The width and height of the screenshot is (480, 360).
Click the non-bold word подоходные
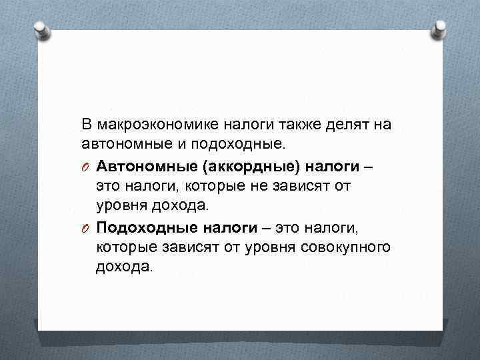[x=241, y=143]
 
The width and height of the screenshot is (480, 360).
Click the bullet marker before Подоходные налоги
[x=86, y=229]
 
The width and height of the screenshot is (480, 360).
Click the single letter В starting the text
[x=86, y=125]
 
